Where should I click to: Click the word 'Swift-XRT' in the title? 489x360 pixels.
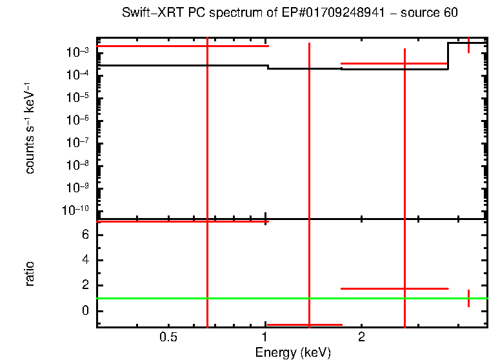coord(145,14)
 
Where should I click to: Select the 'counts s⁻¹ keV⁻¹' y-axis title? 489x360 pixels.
coord(30,133)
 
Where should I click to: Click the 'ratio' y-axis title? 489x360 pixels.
coord(30,274)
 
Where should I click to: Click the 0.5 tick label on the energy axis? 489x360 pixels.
coord(168,337)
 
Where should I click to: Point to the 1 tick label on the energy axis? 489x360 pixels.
coord(265,337)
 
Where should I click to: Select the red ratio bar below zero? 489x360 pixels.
coord(304,325)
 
